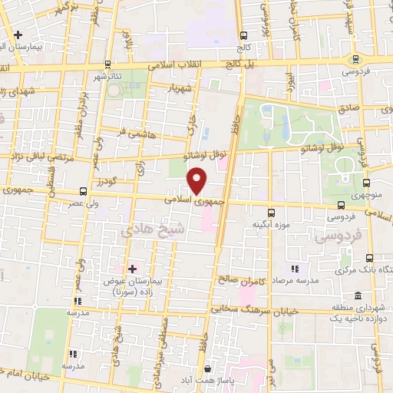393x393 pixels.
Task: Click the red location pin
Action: click(198, 181)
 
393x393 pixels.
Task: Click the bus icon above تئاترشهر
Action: click(108, 64)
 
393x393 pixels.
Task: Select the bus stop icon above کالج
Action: click(244, 35)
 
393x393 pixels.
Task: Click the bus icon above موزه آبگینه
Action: click(270, 213)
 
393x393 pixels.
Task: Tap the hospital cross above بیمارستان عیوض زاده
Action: click(133, 269)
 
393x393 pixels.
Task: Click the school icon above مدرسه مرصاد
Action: click(294, 269)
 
